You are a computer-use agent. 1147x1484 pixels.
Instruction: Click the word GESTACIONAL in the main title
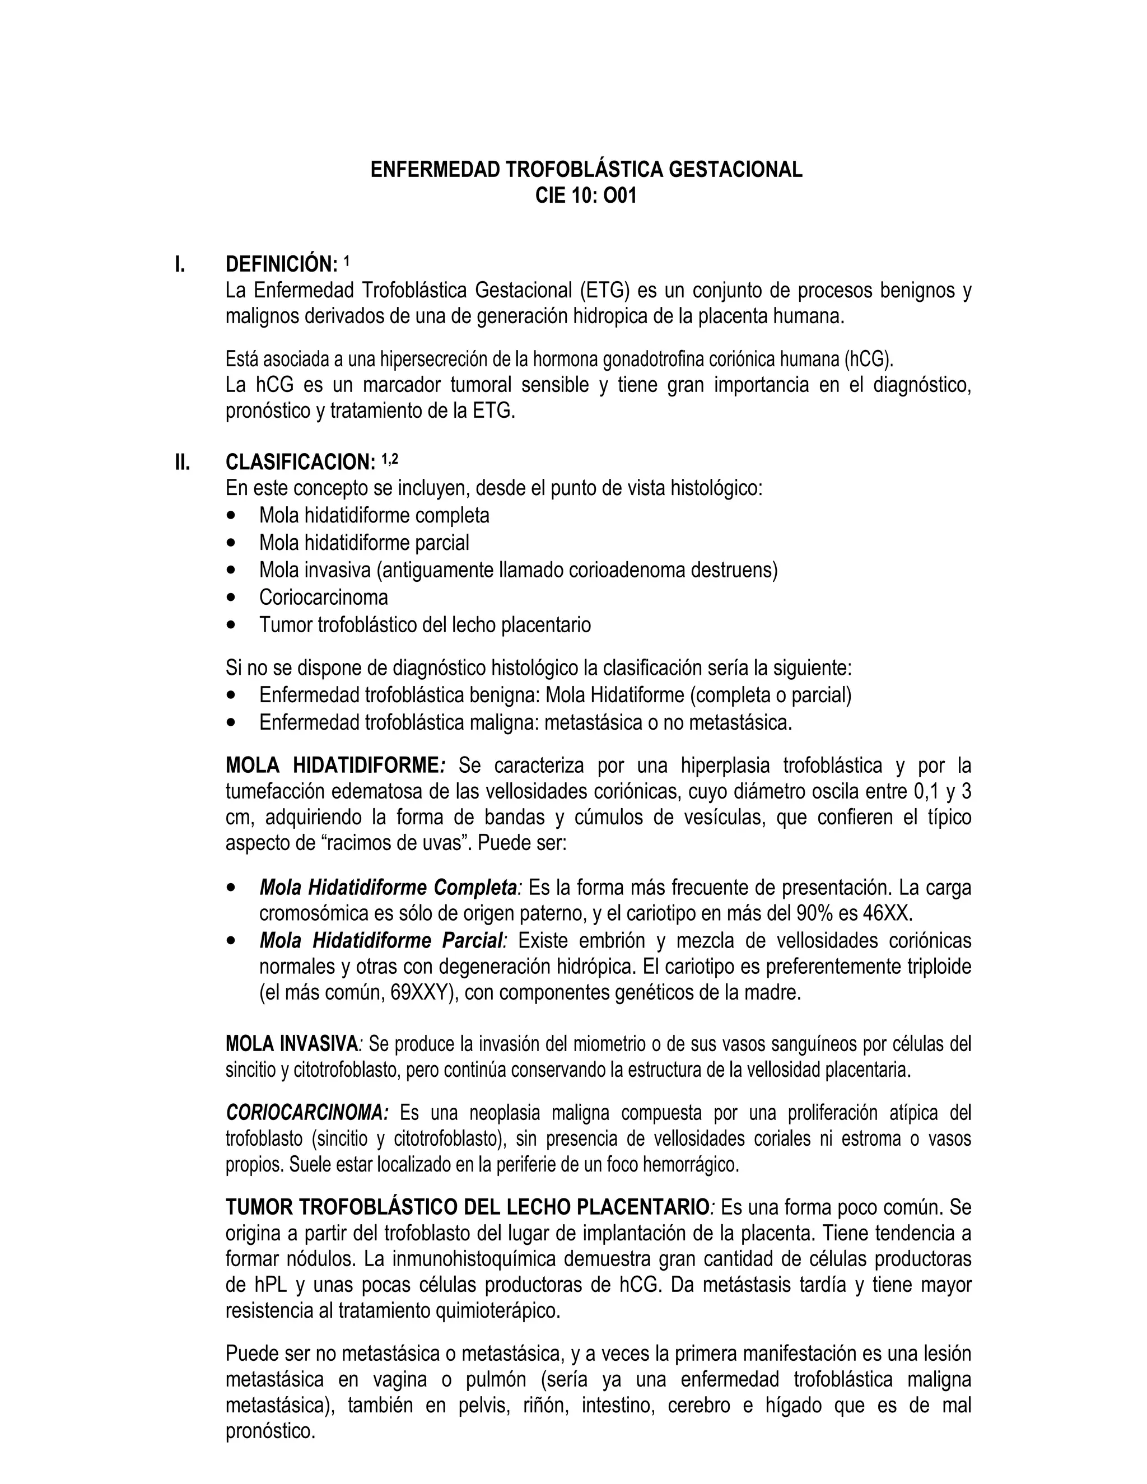tap(735, 169)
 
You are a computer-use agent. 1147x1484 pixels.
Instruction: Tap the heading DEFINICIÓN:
tap(281, 264)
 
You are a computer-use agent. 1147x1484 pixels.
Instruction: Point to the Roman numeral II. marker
tap(182, 462)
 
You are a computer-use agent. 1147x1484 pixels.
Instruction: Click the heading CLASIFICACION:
tap(300, 462)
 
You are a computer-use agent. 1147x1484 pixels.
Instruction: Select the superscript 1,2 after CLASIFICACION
tap(389, 459)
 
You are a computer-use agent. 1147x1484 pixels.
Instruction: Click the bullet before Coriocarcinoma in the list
tap(233, 598)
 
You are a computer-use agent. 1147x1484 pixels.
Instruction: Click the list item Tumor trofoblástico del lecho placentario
tap(425, 625)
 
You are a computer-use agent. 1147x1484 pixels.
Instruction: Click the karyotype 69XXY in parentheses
tap(420, 993)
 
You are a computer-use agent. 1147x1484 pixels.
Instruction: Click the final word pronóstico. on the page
tap(271, 1432)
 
